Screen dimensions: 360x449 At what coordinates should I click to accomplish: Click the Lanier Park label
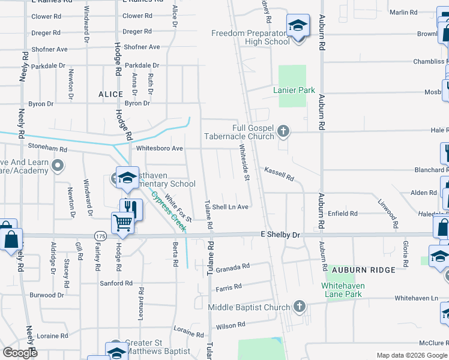(294, 90)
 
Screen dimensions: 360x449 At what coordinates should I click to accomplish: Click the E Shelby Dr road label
(279, 235)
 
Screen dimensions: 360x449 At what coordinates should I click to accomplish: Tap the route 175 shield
(100, 236)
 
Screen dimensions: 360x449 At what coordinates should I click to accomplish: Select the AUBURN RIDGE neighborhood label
(364, 270)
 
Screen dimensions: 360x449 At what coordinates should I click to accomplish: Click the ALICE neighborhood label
(110, 94)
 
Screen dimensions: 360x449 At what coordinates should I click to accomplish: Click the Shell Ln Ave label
(230, 207)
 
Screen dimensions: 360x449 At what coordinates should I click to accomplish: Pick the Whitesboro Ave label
(160, 148)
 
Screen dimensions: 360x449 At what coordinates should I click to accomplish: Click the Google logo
(20, 353)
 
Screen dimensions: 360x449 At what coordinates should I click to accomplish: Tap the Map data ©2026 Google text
(412, 355)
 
